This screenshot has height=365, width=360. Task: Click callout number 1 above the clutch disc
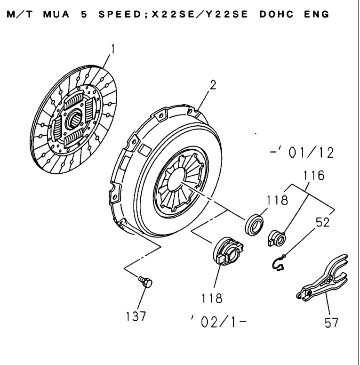pyautogui.click(x=112, y=48)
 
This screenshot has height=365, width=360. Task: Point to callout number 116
pyautogui.click(x=302, y=177)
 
